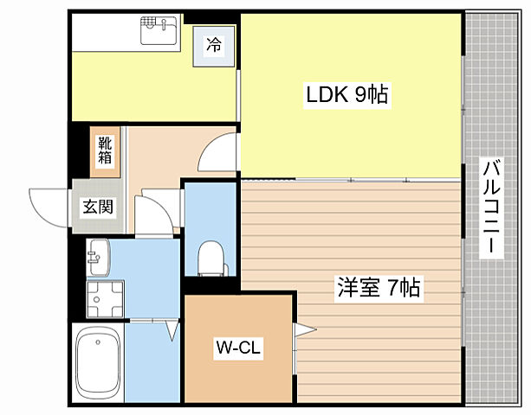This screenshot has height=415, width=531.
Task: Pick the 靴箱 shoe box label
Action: (105, 151)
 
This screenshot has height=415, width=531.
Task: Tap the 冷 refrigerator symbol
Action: (213, 44)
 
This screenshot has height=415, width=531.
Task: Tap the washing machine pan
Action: (105, 298)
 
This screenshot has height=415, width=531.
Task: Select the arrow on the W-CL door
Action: (304, 328)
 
